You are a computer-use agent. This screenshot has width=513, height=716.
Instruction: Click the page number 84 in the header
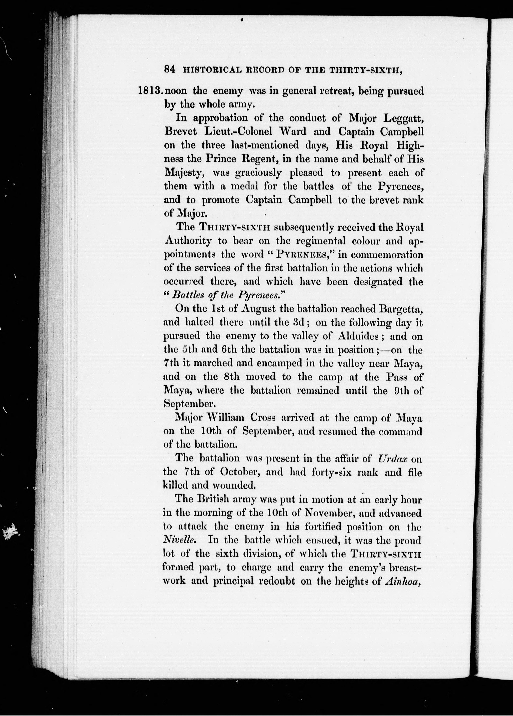[170, 70]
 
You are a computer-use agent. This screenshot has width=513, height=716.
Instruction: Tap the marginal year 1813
[150, 92]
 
